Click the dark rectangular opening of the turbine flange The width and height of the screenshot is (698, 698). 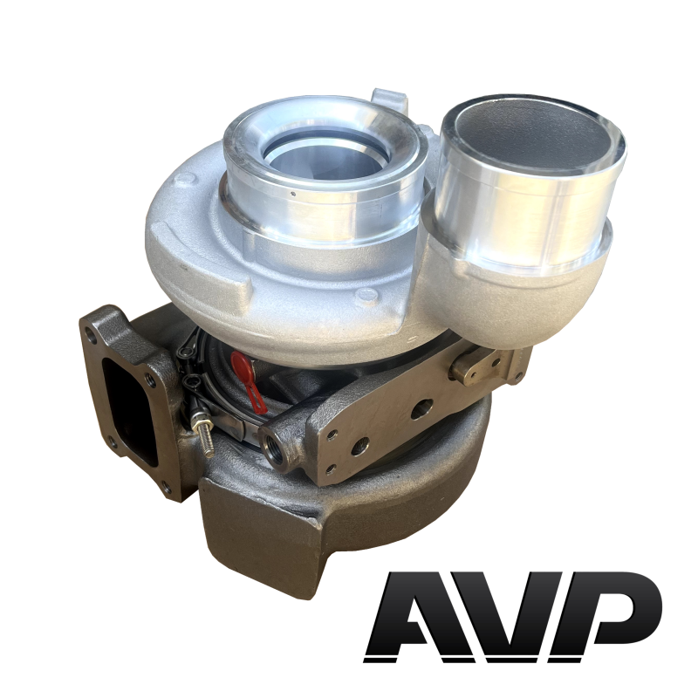pos(130,404)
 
